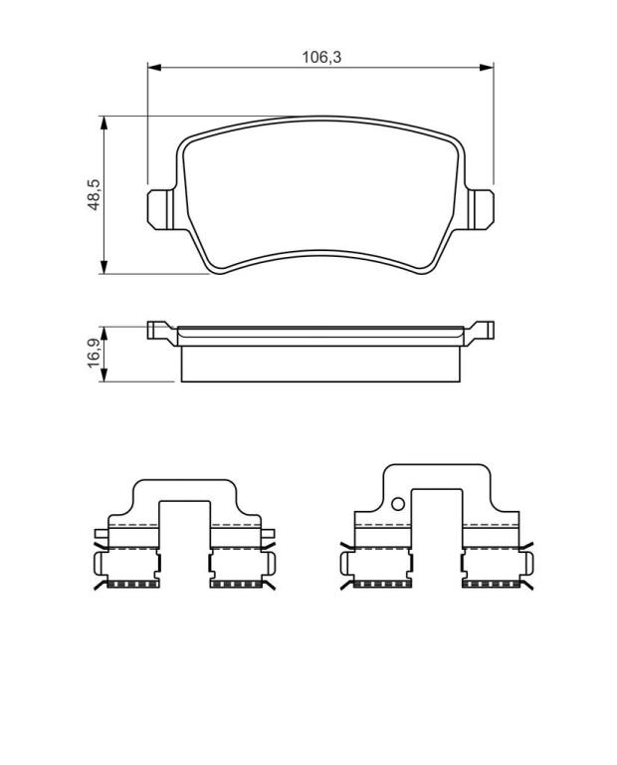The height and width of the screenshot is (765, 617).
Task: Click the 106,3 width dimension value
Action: [x=321, y=57]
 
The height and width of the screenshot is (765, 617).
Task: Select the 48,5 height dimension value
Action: [x=94, y=194]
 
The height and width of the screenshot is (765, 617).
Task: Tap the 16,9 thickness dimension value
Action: [x=94, y=353]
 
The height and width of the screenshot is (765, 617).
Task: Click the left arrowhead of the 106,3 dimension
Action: [x=154, y=67]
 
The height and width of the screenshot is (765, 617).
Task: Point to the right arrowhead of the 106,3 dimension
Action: [x=487, y=67]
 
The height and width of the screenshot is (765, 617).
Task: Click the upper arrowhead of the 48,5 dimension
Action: [x=103, y=123]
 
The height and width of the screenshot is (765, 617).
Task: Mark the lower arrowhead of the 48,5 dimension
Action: [x=103, y=267]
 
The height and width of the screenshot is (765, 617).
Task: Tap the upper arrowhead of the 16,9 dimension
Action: [x=103, y=334]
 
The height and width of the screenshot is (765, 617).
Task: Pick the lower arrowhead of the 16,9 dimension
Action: [x=103, y=375]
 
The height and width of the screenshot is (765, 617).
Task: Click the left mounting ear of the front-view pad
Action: [x=160, y=209]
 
